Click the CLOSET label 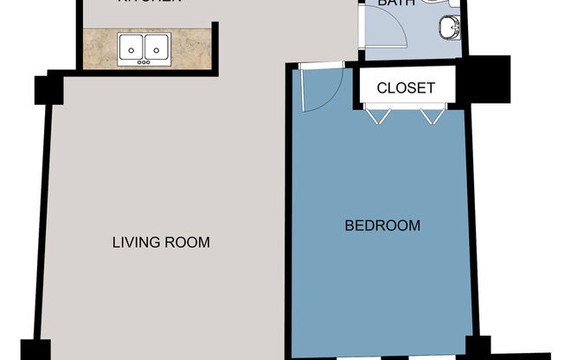405,87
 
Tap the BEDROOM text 382,226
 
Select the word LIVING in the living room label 136,242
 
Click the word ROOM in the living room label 187,242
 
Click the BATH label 396,3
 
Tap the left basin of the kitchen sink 131,46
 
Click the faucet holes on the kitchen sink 144,61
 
